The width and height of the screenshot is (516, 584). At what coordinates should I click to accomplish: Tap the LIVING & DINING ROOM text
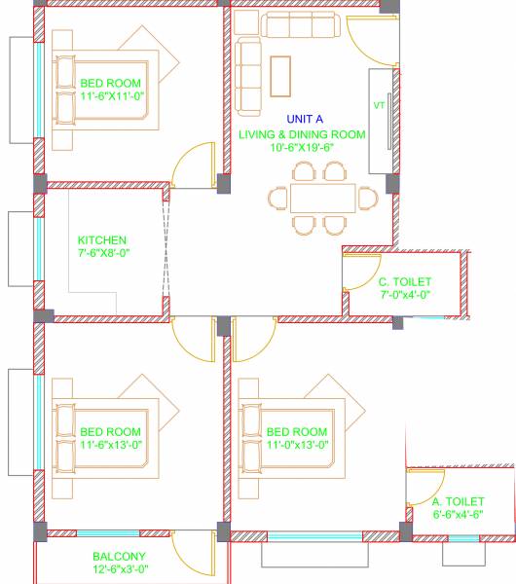point(302,134)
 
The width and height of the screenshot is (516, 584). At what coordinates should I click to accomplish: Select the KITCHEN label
point(102,240)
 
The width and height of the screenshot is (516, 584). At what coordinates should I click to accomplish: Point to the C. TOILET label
point(404,282)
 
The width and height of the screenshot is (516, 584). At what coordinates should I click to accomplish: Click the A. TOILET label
point(459,501)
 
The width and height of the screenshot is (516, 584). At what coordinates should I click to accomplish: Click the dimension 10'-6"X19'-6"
point(302,149)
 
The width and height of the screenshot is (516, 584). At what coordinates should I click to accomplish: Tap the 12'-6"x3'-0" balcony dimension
point(121,568)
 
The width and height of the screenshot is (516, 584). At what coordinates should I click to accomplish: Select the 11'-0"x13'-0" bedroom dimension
point(297,444)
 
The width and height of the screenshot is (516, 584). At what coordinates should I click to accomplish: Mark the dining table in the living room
point(320,198)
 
